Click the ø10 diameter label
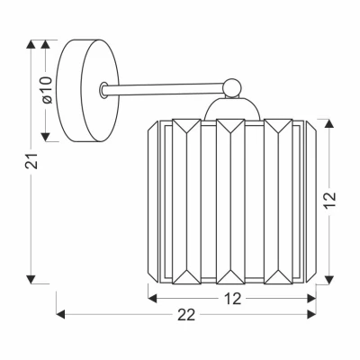pos(48,90)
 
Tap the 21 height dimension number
pos(31,161)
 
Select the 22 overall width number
pos(186,315)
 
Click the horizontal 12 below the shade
pos(232,299)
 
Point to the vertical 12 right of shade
pos(329,199)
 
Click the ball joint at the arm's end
pos(232,87)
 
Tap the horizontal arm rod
pos(164,89)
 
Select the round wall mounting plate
pos(87,90)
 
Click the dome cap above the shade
pos(231,109)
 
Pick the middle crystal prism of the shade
pos(230,202)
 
